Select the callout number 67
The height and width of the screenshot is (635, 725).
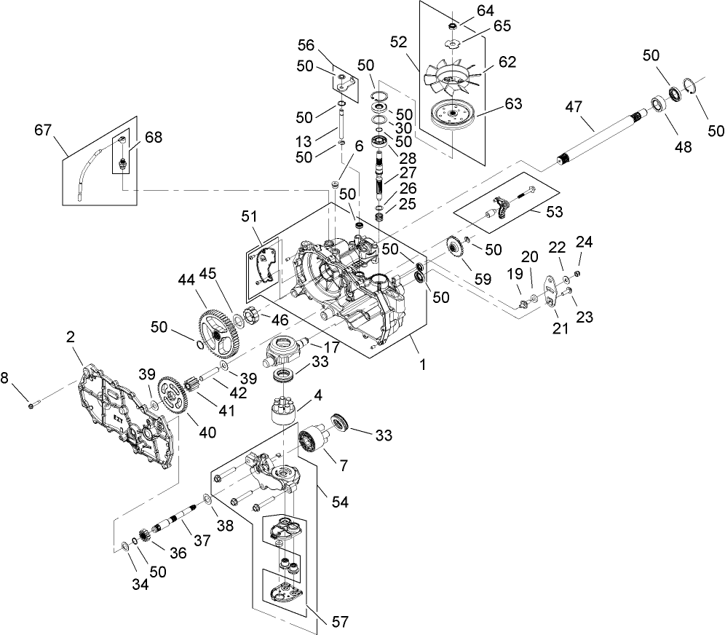(x=43, y=130)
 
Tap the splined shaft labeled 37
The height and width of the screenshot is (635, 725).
(x=178, y=521)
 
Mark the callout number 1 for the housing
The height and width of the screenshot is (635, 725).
(x=421, y=359)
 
